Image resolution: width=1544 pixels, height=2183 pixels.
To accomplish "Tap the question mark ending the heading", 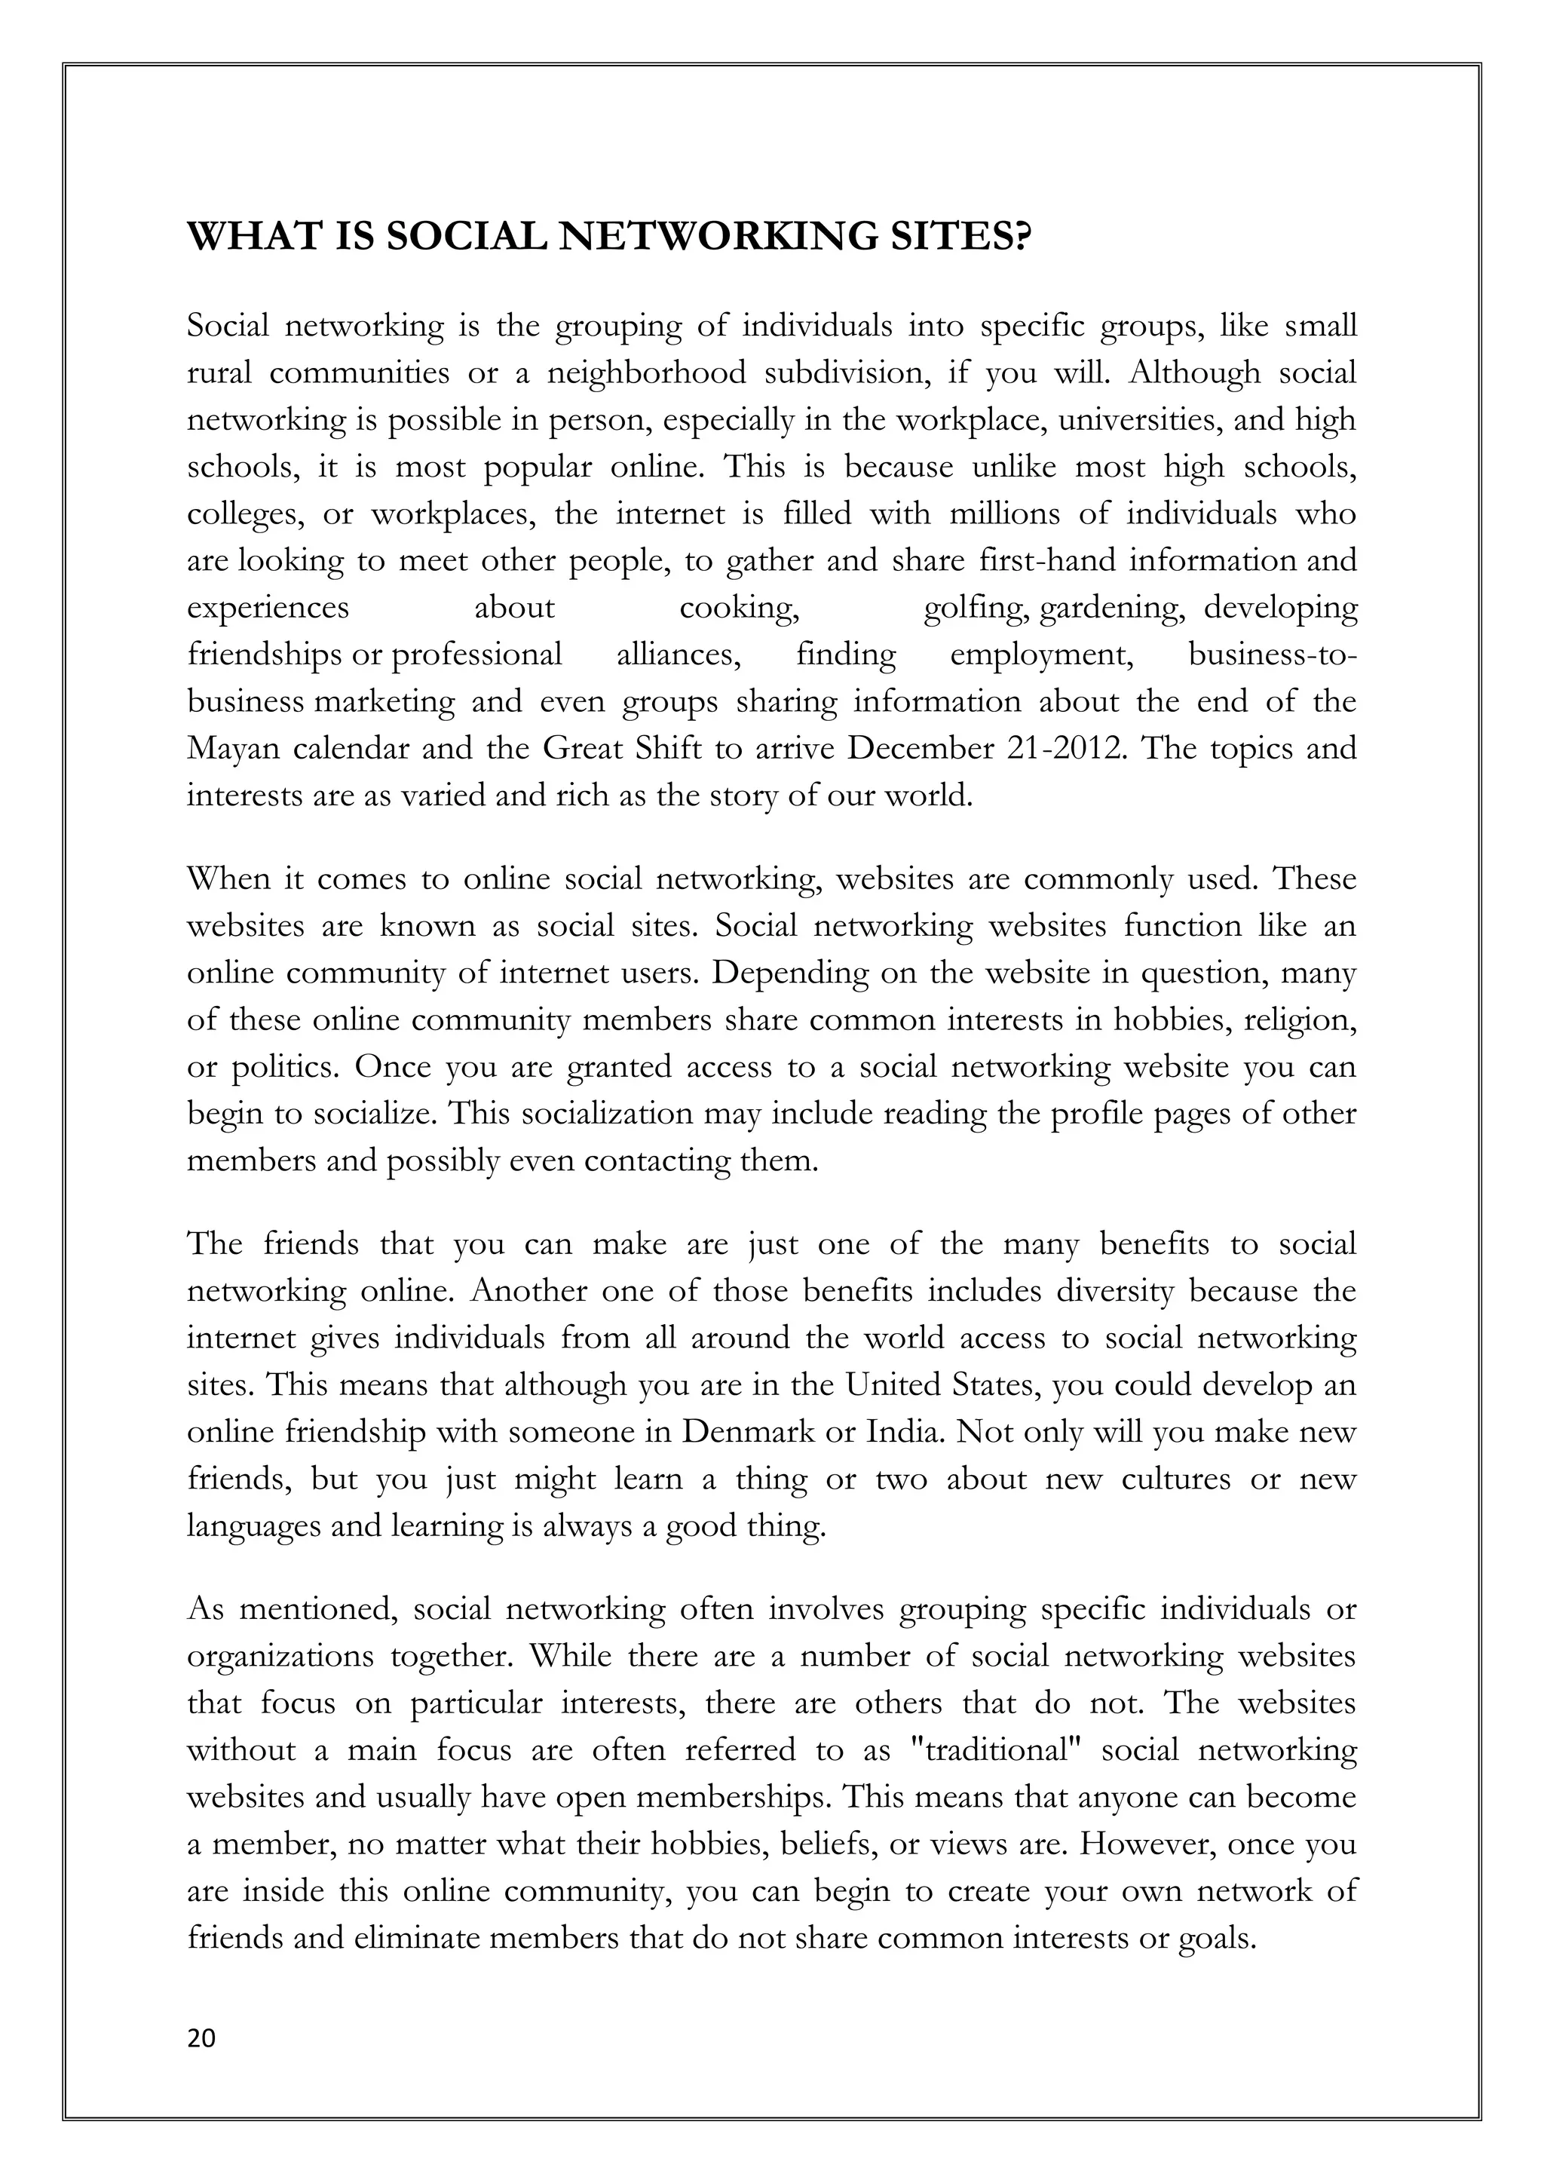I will tap(1022, 237).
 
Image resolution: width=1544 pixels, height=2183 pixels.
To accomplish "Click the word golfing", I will tap(976, 609).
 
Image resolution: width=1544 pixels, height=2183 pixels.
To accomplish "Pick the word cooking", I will tap(739, 609).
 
